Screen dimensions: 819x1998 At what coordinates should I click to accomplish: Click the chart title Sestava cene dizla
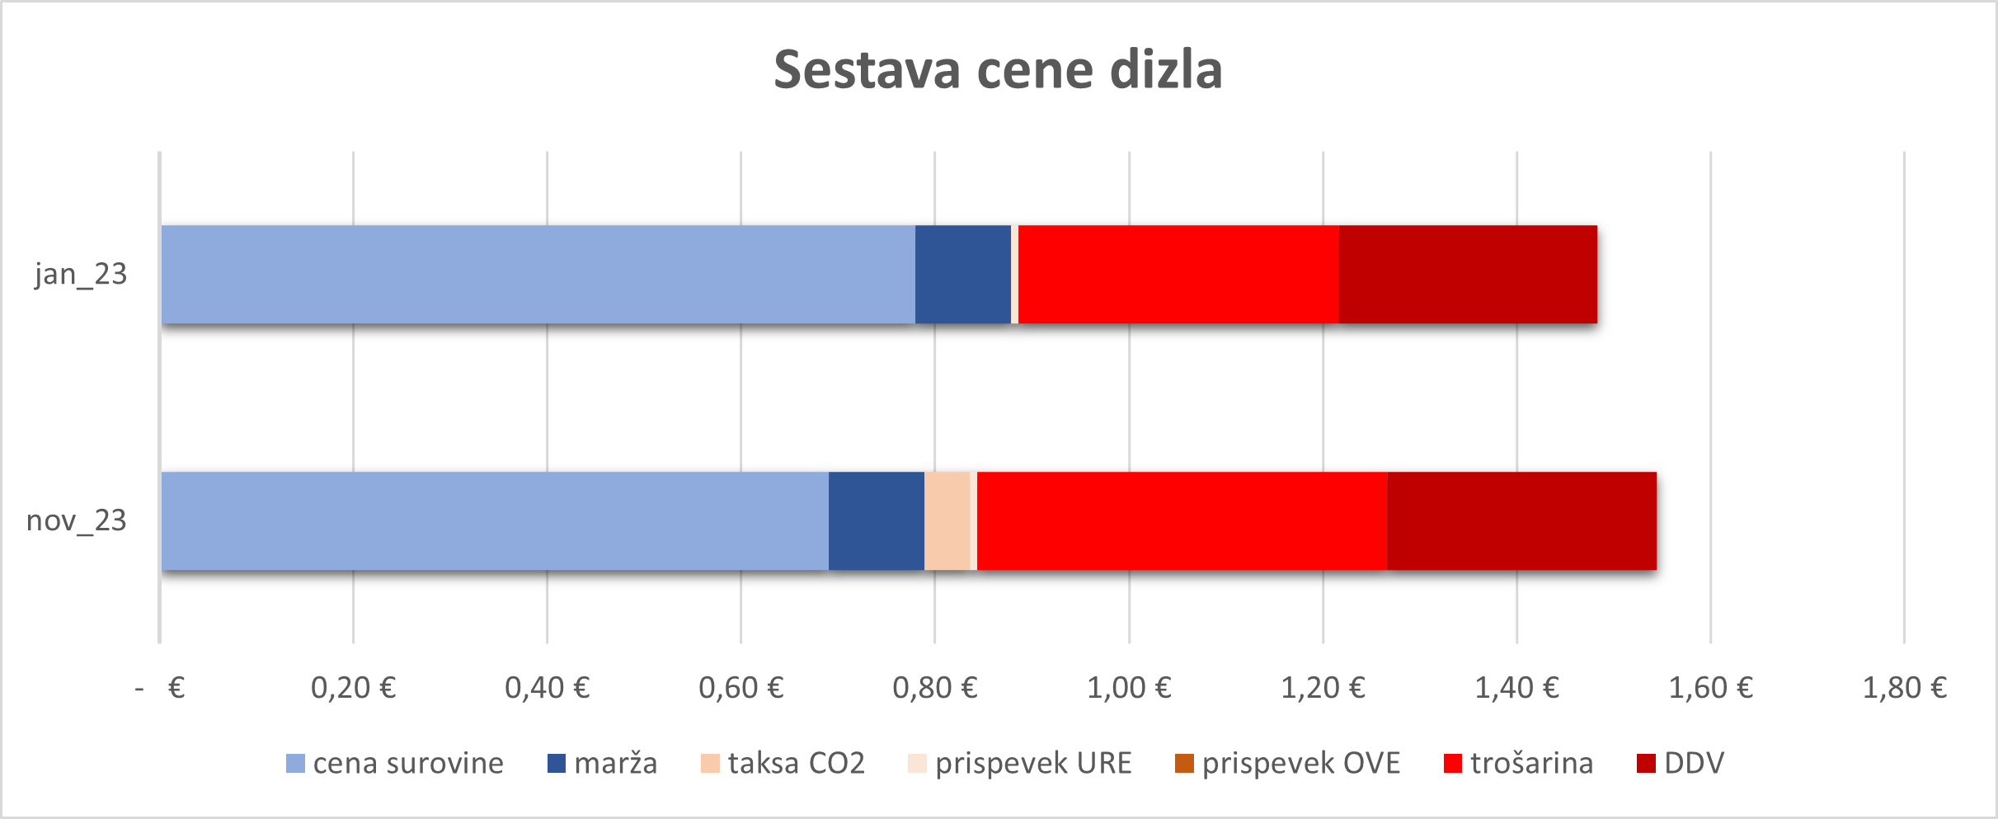click(x=998, y=70)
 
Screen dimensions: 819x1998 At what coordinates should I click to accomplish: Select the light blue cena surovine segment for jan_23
click(x=538, y=274)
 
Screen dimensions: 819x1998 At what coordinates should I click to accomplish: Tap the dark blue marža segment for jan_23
click(x=962, y=274)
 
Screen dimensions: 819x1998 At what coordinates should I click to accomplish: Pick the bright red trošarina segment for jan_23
click(x=1178, y=274)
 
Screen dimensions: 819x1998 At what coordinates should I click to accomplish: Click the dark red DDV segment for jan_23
click(x=1468, y=274)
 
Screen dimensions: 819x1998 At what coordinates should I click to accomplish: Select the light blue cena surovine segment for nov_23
click(x=495, y=520)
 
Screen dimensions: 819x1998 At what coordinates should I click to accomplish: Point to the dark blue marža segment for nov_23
click(x=876, y=520)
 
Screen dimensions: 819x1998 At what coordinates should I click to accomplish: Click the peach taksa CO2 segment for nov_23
click(x=947, y=520)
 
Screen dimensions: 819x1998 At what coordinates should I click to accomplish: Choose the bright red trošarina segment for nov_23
click(x=1182, y=520)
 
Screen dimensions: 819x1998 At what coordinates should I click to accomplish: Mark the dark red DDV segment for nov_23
click(x=1521, y=520)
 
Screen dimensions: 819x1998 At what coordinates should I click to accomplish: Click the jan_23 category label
click(x=81, y=274)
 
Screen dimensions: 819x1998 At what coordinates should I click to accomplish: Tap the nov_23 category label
click(x=77, y=520)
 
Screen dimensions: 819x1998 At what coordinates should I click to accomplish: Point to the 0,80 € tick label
click(x=934, y=687)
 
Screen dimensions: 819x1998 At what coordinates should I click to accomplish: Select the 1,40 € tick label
click(x=1516, y=687)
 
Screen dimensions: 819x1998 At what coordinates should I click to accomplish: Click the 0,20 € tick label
click(x=353, y=687)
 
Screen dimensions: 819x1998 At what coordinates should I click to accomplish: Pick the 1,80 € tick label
click(x=1904, y=687)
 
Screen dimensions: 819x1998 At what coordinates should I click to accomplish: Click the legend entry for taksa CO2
click(x=782, y=763)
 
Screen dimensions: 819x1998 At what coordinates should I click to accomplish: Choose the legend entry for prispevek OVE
click(x=1286, y=763)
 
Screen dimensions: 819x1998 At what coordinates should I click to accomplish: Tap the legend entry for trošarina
click(x=1518, y=763)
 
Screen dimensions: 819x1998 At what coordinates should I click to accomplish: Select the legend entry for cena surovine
click(x=394, y=763)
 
